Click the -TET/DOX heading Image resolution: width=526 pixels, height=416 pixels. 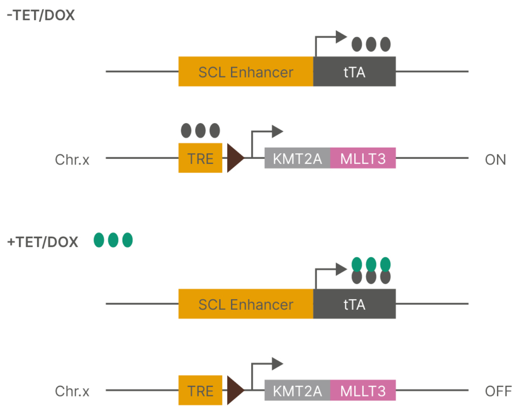40,15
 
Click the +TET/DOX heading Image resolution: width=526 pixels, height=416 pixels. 42,242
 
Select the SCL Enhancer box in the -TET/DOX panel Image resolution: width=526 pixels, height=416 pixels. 246,72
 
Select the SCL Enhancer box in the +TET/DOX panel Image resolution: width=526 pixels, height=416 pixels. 246,304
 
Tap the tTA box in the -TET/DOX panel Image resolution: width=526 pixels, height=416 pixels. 354,72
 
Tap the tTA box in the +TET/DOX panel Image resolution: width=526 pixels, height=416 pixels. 354,304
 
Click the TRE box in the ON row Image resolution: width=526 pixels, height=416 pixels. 200,158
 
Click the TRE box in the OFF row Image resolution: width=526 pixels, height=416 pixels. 200,390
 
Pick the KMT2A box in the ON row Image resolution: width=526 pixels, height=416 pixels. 297,159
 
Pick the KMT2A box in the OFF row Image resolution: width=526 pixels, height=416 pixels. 297,391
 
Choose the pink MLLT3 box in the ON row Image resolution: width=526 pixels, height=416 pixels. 363,159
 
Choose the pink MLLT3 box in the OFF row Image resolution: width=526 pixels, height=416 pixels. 363,391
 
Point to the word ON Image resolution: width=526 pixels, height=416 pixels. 495,159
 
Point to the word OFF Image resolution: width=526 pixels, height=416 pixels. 497,391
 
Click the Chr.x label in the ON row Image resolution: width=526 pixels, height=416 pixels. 72,159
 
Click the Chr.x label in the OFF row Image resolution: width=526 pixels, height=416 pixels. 72,391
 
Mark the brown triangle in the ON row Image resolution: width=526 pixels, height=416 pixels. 234,158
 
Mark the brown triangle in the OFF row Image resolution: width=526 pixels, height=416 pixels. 234,390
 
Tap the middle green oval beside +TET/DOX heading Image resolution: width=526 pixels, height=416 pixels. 113,240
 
